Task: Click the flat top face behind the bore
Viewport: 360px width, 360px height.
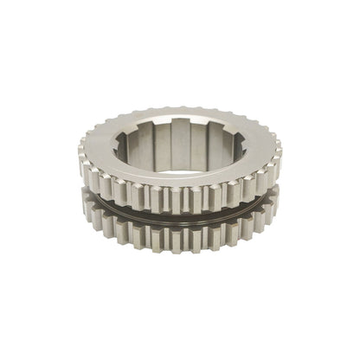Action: point(180,113)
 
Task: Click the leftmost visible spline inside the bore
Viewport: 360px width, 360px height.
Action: point(136,145)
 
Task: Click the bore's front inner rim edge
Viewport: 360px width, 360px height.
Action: point(180,169)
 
